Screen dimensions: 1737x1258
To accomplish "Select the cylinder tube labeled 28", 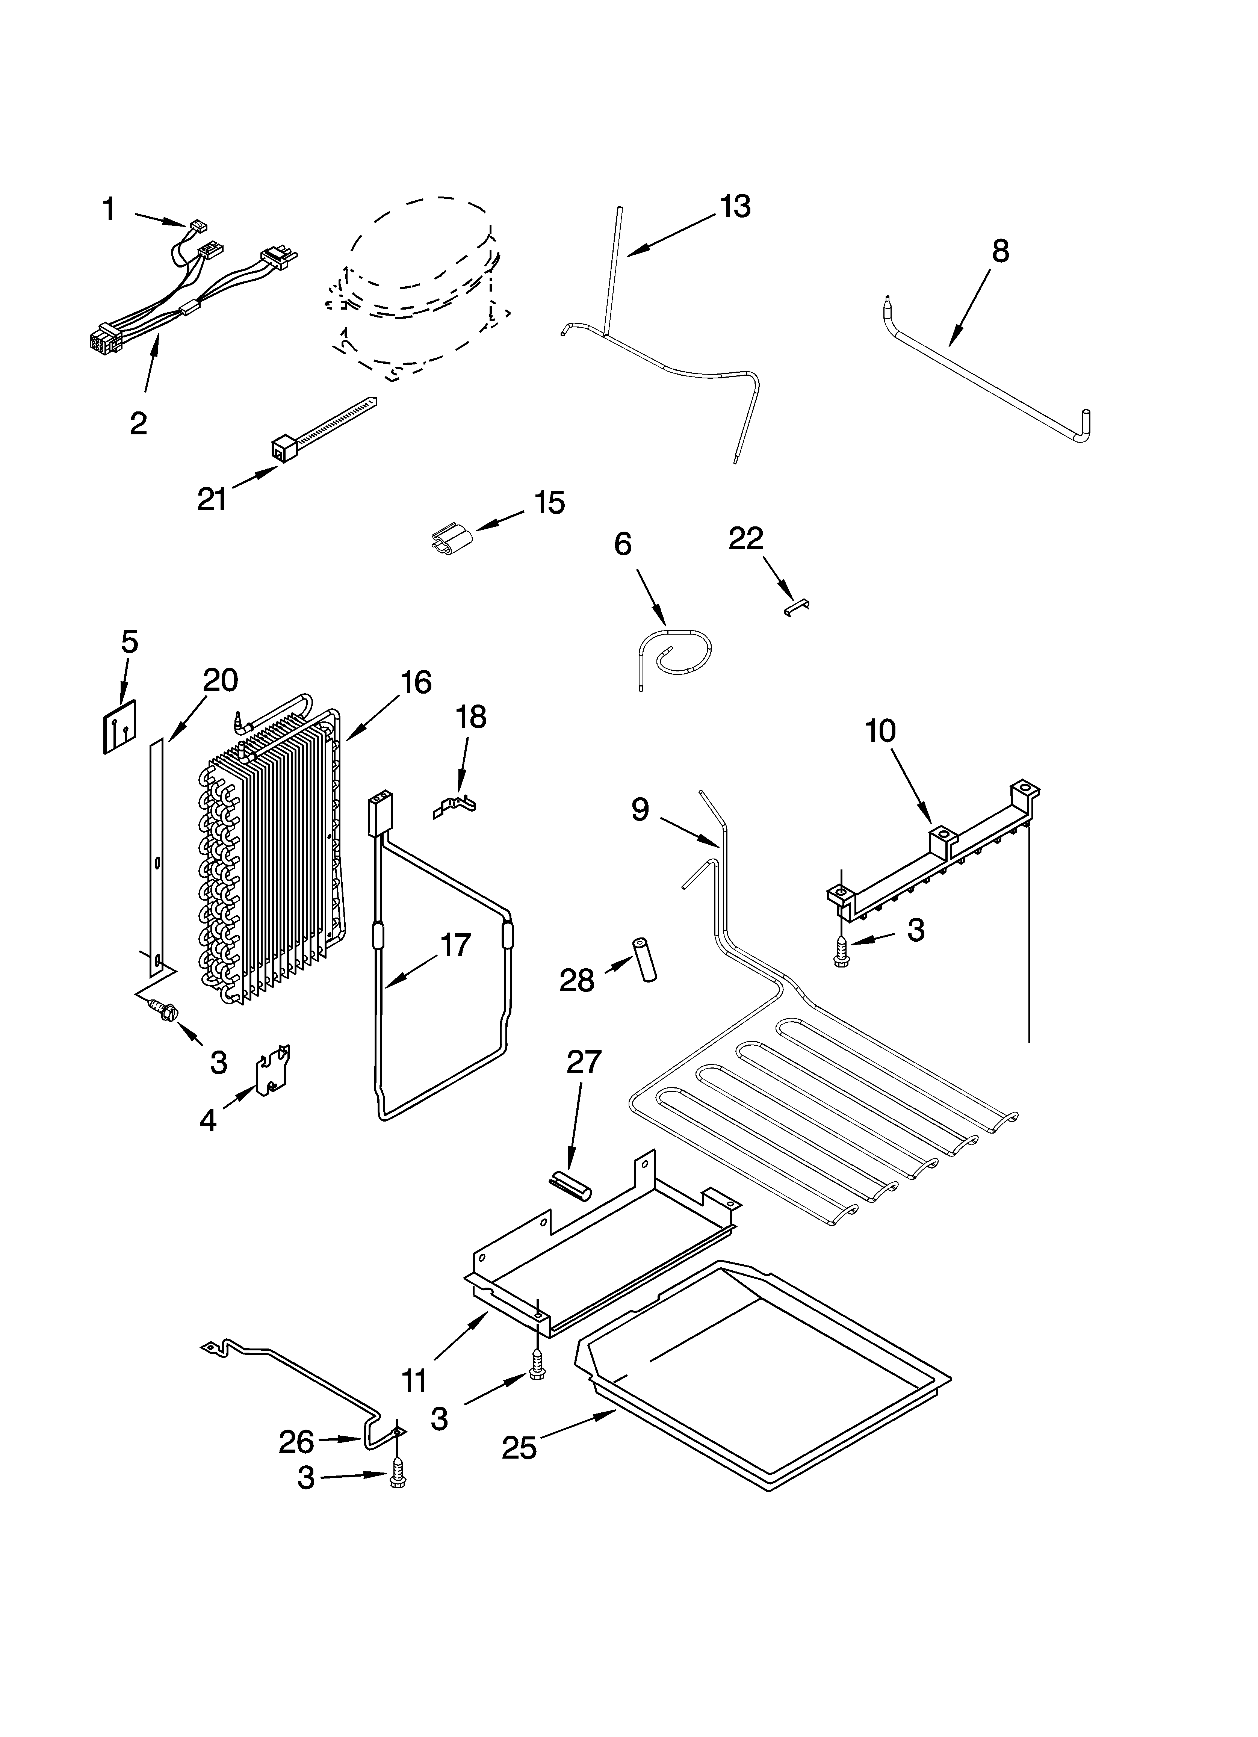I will coord(644,959).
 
